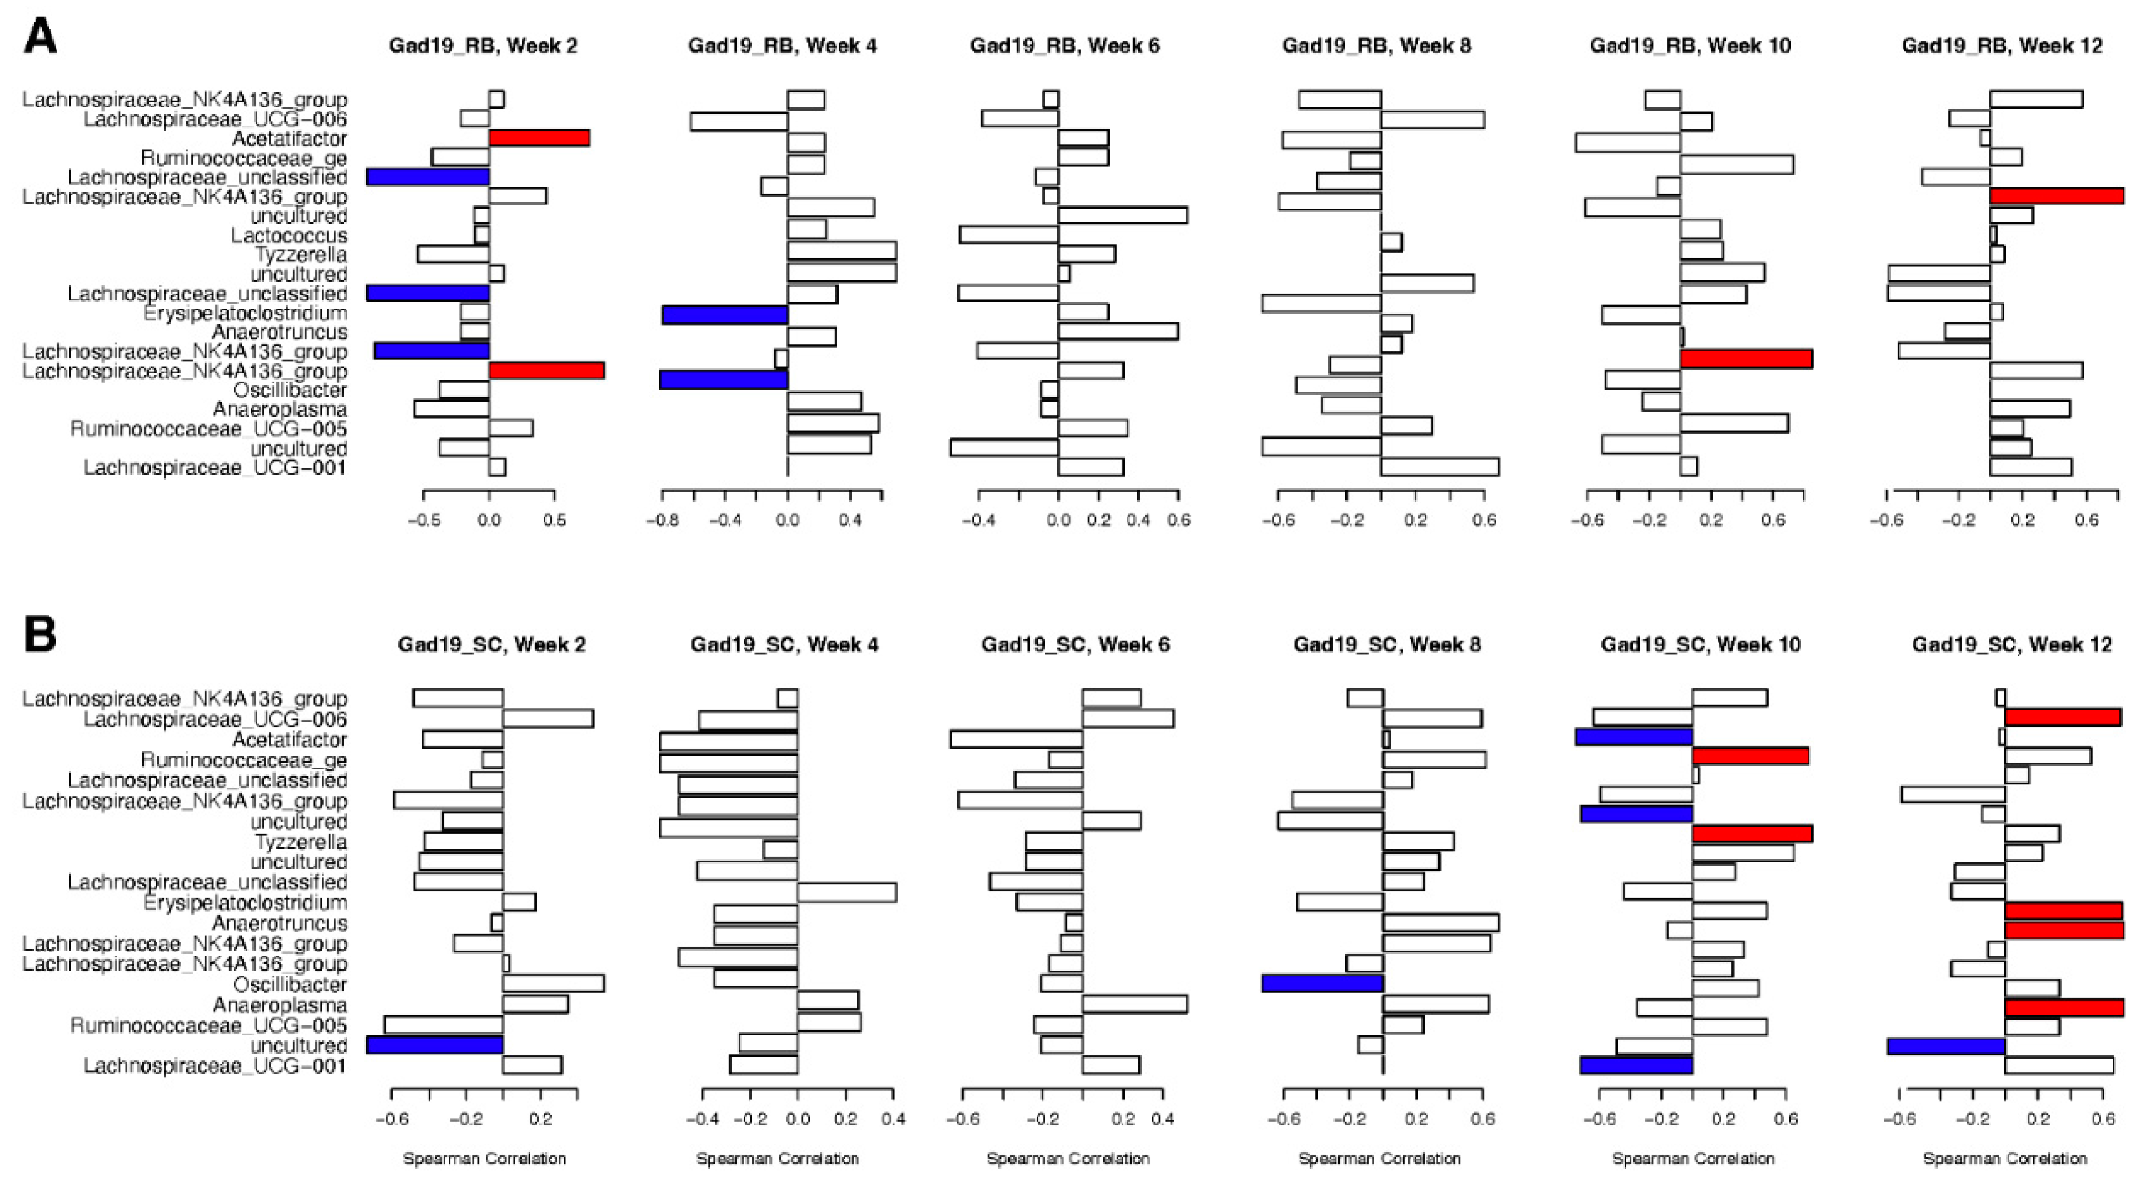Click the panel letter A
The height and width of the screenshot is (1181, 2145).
point(40,37)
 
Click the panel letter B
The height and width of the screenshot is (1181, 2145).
point(40,633)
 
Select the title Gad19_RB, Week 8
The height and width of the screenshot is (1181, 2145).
point(1376,46)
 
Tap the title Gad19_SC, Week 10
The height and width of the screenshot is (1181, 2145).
point(1700,644)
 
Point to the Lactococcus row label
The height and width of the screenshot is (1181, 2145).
point(288,235)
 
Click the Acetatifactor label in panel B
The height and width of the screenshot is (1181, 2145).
point(289,739)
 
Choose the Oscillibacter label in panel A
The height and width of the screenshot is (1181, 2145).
point(289,390)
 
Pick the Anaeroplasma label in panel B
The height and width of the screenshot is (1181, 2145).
point(279,1004)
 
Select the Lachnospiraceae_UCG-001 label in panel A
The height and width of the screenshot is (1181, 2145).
point(214,468)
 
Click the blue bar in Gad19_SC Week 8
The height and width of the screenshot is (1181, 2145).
point(1322,983)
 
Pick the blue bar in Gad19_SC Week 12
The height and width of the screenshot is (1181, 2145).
point(1945,1045)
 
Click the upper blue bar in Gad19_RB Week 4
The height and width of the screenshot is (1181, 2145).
point(724,315)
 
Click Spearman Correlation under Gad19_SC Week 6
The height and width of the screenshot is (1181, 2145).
point(1068,1159)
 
